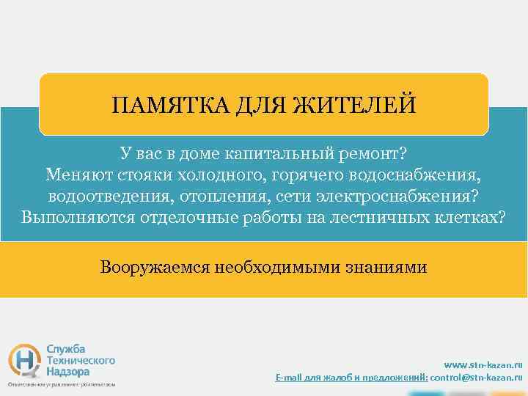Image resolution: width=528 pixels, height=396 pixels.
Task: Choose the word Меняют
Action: pyautogui.click(x=74, y=175)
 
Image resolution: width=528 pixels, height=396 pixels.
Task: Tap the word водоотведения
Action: pyautogui.click(x=101, y=197)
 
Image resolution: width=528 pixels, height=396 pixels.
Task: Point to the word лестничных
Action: pyautogui.click(x=381, y=218)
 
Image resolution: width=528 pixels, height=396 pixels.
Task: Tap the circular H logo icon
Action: pyautogui.click(x=24, y=359)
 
